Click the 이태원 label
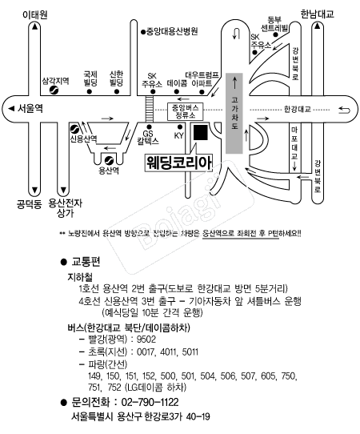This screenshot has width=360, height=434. point(35,14)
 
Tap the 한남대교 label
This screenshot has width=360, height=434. point(317,14)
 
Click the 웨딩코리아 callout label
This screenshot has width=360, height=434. point(179,163)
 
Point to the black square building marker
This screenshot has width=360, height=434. point(201,132)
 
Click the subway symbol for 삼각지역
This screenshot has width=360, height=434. point(54,90)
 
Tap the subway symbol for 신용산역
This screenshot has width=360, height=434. point(74,130)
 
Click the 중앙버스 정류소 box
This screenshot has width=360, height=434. point(186,111)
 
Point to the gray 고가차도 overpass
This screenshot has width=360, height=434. point(234,113)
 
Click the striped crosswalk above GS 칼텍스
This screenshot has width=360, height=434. point(149,109)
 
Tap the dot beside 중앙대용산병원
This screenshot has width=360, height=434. point(143,32)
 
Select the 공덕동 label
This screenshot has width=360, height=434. point(29,205)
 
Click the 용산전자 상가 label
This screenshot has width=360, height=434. point(66,208)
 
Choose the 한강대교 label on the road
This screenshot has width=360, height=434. point(298,109)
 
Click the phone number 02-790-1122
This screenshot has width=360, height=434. point(150,402)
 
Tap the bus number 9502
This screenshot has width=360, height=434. point(146,339)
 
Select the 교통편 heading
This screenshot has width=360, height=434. point(86,262)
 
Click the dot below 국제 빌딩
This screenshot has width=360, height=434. point(90,91)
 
